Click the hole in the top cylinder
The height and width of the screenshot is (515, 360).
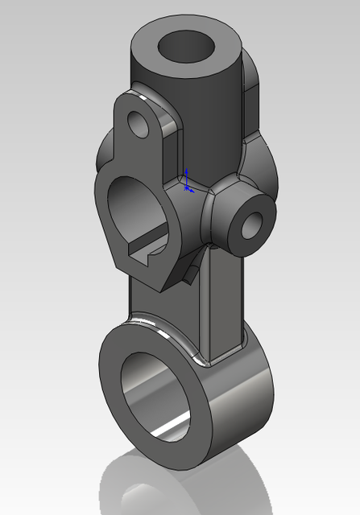[186, 47]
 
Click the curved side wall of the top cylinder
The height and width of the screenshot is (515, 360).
[201, 113]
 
